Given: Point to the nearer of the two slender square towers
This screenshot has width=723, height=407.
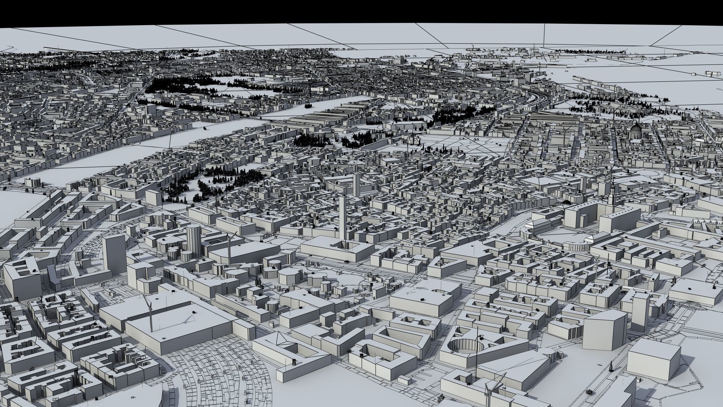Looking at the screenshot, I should click(343, 219).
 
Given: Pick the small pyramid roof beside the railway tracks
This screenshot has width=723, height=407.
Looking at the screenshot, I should click(279, 340).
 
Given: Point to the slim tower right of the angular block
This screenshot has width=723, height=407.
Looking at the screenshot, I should click(641, 311).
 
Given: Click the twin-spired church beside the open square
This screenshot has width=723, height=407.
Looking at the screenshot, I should click(413, 140).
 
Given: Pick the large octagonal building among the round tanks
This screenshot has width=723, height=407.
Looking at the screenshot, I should click(290, 277).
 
